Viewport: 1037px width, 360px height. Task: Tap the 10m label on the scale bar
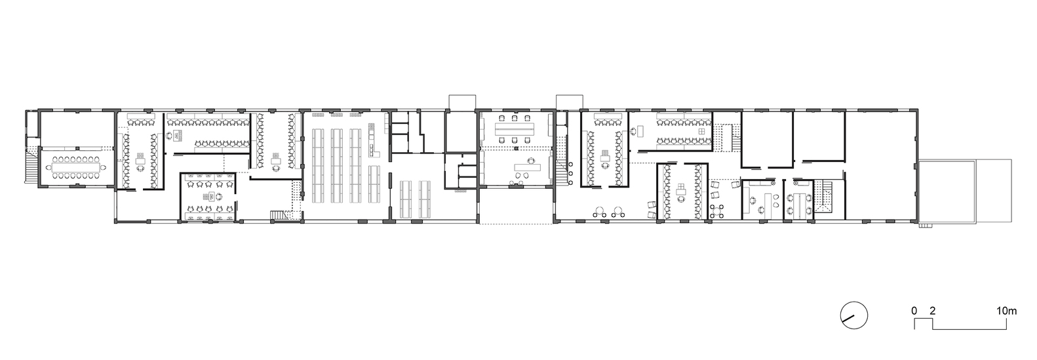(1006, 311)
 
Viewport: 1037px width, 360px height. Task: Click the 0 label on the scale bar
(914, 311)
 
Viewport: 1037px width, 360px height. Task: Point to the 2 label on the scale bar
(933, 311)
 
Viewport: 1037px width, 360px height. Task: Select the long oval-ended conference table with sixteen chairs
(77, 168)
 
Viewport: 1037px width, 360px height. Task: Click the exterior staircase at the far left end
(31, 165)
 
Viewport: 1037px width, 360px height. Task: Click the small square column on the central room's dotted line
(516, 148)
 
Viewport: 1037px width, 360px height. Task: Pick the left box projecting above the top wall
(462, 102)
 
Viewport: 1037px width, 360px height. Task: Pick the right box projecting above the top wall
(570, 102)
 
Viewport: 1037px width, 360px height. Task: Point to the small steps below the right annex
(925, 226)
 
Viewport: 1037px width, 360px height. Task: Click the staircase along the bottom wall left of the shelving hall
(280, 216)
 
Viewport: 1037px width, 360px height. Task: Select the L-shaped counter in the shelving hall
(373, 141)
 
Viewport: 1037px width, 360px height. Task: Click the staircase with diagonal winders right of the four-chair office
(823, 197)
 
